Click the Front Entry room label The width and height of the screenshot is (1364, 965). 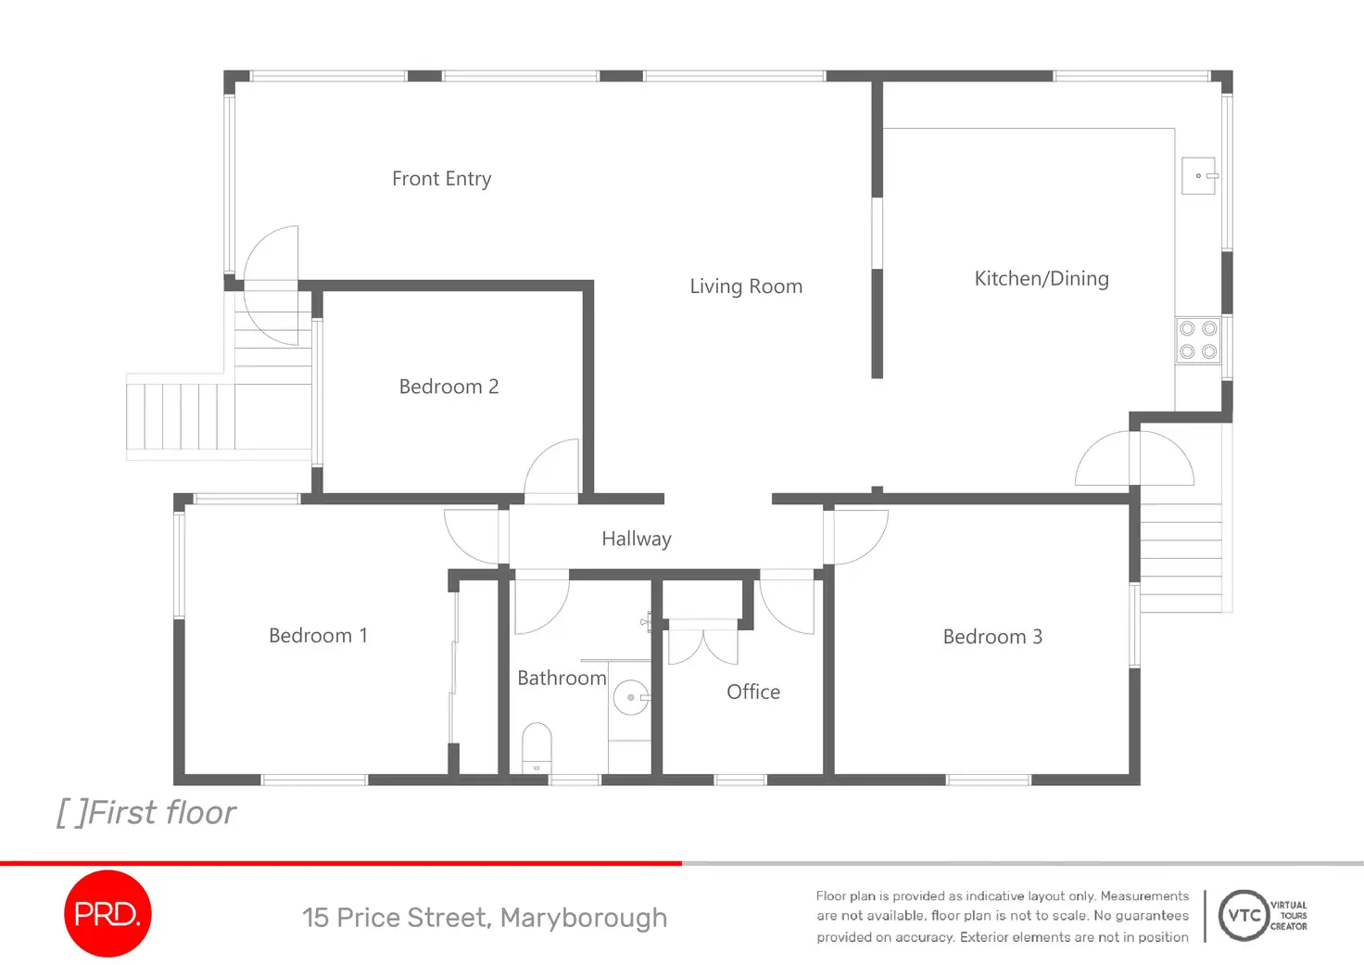(x=441, y=179)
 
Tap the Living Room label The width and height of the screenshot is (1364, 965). (x=746, y=286)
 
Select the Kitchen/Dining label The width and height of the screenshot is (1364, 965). (x=1042, y=279)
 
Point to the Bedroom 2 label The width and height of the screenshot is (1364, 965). (x=448, y=387)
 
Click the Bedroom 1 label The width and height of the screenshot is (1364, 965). (x=318, y=636)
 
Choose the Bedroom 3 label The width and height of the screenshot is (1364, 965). (x=992, y=637)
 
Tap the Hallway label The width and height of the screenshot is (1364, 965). (x=637, y=540)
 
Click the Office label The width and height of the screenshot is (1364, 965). (x=753, y=692)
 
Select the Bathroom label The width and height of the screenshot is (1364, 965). (x=562, y=679)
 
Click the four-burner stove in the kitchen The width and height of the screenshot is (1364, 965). (x=1198, y=340)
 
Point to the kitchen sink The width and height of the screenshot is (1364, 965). (x=1198, y=176)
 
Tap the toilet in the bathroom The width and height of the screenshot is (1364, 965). (x=537, y=747)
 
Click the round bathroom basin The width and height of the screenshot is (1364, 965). (x=631, y=697)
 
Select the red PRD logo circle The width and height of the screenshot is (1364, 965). (x=107, y=914)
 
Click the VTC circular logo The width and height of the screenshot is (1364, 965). (x=1243, y=916)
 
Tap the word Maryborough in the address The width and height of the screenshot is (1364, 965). (x=584, y=918)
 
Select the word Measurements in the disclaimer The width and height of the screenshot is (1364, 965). (x=1144, y=896)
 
